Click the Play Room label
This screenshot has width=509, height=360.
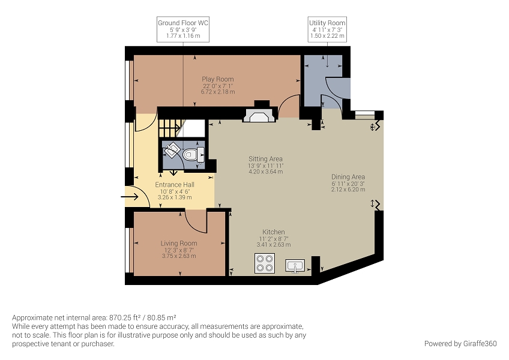(218, 79)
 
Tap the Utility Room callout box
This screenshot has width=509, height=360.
(327, 29)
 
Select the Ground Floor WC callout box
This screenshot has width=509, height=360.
(183, 29)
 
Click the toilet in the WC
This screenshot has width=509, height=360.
(193, 155)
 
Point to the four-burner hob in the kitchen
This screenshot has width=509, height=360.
(265, 263)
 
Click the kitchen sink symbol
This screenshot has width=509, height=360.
(295, 265)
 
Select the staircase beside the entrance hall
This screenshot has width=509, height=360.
(170, 128)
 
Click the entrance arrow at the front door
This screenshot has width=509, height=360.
(130, 197)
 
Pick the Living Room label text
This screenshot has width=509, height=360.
(179, 243)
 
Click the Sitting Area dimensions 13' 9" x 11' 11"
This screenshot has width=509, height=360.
(266, 166)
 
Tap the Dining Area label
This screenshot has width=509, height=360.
(348, 177)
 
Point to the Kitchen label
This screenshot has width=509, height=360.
(274, 232)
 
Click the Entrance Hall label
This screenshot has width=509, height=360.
(175, 184)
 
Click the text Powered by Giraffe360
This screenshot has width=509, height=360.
(460, 343)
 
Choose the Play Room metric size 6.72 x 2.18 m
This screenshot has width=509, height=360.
(218, 92)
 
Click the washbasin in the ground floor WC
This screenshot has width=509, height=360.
(172, 150)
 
